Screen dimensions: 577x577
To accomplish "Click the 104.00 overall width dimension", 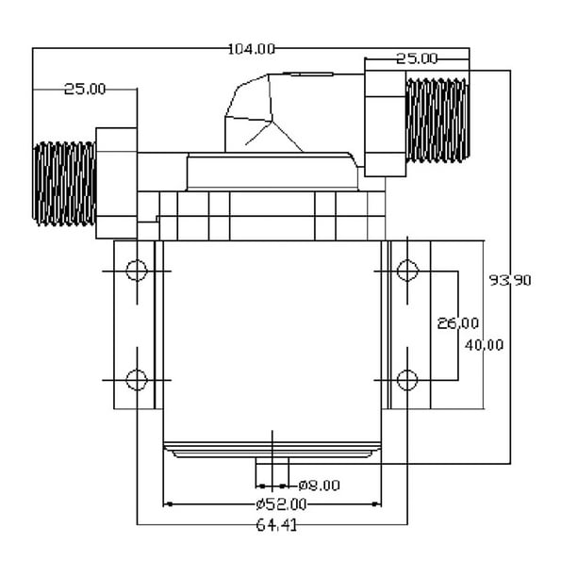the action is (x=252, y=49).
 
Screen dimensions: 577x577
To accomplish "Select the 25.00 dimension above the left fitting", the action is (x=85, y=89).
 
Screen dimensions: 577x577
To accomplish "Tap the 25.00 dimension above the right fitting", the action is (x=417, y=58).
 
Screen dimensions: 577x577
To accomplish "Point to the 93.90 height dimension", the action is (x=510, y=281).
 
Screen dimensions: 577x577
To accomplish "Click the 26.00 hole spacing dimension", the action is (x=458, y=323).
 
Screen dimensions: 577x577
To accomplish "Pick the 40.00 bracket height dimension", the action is (x=484, y=345).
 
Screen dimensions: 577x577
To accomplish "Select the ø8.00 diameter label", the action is (x=319, y=486).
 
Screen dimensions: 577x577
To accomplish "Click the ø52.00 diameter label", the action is (x=282, y=504).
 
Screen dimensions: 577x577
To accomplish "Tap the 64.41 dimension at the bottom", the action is (x=276, y=525).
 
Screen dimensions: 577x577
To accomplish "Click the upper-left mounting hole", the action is (x=137, y=271).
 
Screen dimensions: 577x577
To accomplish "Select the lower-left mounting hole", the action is (x=137, y=380).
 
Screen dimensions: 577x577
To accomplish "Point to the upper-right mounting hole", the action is (x=407, y=271).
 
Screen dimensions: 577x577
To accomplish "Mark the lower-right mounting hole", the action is (x=407, y=380).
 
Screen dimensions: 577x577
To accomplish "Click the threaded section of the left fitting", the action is (x=64, y=184).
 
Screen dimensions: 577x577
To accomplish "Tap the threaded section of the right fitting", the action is (x=437, y=120).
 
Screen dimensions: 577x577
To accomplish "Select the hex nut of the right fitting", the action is (x=386, y=124).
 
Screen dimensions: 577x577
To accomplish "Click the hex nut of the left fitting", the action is (x=116, y=183).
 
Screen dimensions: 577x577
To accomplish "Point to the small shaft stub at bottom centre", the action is (x=272, y=461).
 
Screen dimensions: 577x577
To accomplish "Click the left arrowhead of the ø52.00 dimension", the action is (x=168, y=504).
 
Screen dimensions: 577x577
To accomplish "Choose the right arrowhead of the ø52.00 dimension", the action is (x=376, y=504).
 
